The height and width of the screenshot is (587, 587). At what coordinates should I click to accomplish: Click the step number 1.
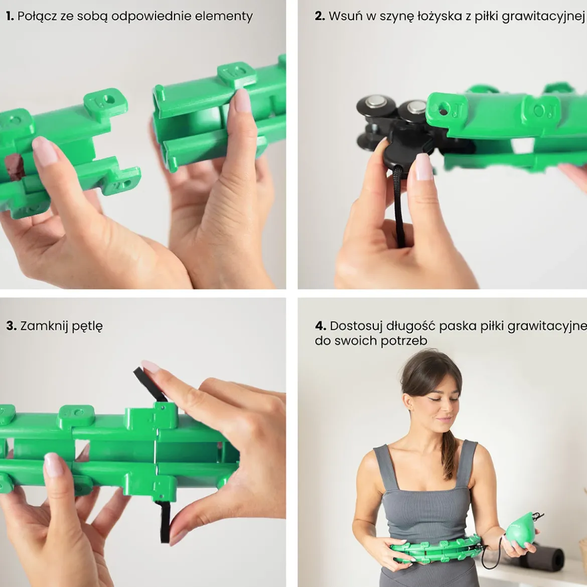pyautogui.click(x=10, y=16)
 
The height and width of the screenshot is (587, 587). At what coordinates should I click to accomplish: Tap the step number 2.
pyautogui.click(x=320, y=16)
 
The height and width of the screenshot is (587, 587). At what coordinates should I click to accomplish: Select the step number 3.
pyautogui.click(x=11, y=326)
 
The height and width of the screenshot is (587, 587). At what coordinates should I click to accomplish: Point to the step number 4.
pyautogui.click(x=321, y=326)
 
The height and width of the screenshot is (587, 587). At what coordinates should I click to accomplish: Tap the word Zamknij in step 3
pyautogui.click(x=44, y=327)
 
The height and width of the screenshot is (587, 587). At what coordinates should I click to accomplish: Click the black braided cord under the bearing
pyautogui.click(x=399, y=206)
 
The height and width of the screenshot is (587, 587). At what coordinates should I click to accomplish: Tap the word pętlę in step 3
pyautogui.click(x=87, y=327)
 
